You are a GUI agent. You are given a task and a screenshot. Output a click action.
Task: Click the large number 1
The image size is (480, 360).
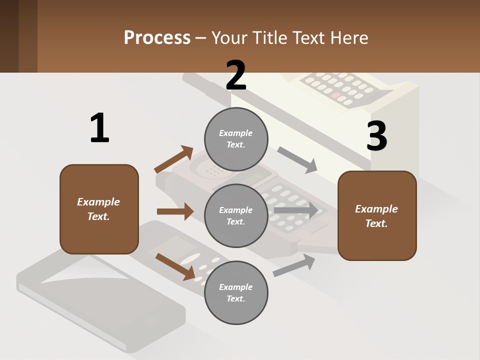pos(99,128)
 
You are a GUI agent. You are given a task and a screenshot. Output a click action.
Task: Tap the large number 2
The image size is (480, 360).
pos(236,75)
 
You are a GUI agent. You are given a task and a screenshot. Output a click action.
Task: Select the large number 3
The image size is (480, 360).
pos(376,136)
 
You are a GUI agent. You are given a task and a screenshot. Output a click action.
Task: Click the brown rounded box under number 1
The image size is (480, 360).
pos(99,209)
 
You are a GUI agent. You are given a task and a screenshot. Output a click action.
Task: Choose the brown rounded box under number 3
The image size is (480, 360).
pos(377,215)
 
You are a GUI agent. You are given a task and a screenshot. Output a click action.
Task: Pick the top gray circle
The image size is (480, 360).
pos(236,138)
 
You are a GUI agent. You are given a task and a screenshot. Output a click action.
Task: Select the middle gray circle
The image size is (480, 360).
pos(236,215)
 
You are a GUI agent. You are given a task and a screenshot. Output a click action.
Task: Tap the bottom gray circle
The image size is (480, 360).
pos(236,292)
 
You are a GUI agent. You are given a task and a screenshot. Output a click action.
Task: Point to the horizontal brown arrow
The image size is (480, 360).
pos(175,211)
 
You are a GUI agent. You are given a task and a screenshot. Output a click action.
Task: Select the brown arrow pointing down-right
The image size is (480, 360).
pos(175,266)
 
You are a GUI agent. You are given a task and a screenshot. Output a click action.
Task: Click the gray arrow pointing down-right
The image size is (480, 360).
pos(297,159)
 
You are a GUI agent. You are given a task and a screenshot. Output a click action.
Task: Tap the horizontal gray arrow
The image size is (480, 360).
pos(296,210)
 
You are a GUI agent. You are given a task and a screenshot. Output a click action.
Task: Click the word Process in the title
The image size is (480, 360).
pos(157,37)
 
